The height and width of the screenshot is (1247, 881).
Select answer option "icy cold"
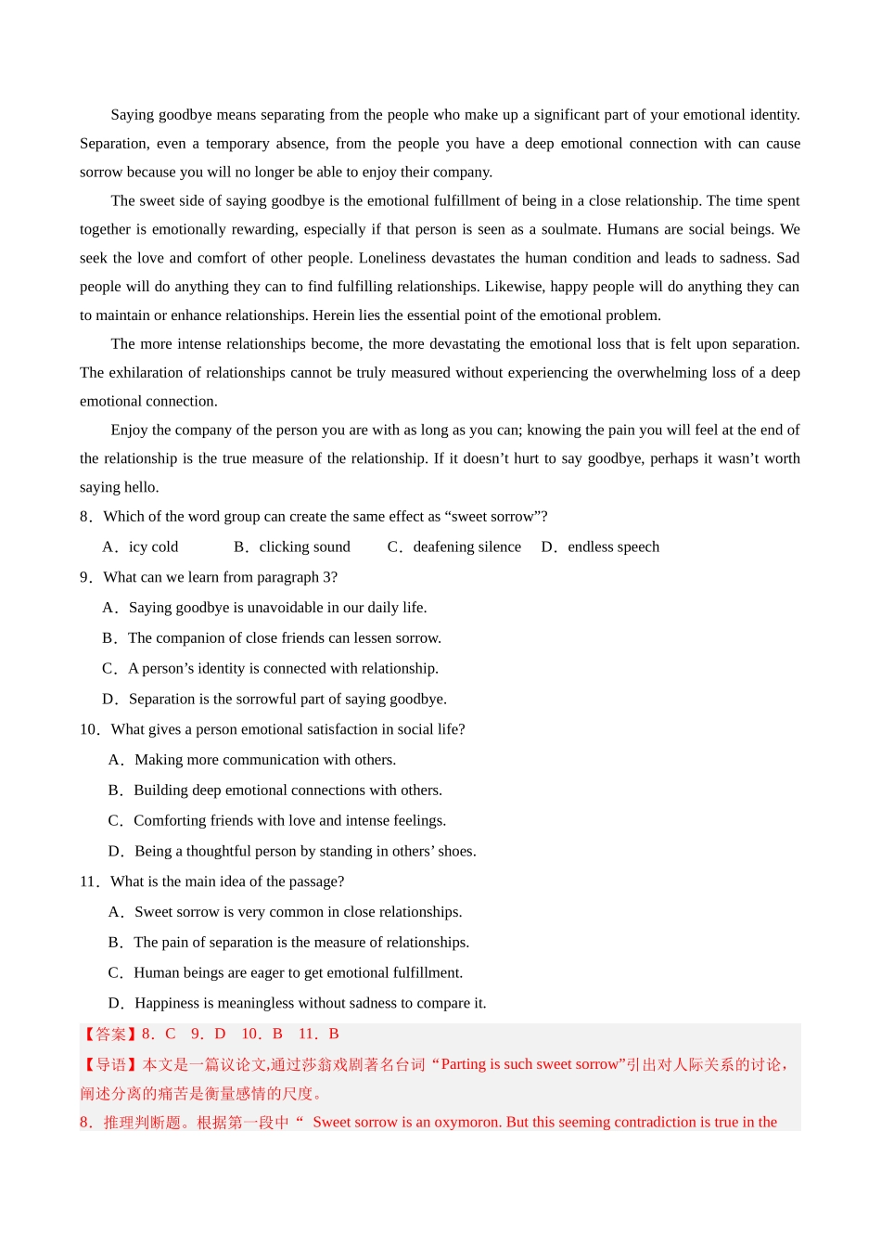point(153,547)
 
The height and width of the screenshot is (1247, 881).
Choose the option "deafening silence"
point(466,547)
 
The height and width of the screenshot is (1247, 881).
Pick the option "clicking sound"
point(304,547)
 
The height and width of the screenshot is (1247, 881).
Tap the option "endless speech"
point(613,547)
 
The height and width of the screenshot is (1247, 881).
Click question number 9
point(85,577)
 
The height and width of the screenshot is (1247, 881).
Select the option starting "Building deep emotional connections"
point(287,791)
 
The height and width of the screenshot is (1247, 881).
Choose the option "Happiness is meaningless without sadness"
point(310,1003)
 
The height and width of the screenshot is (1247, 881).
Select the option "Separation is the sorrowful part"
point(287,700)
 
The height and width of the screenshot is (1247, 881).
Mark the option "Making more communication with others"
point(265,760)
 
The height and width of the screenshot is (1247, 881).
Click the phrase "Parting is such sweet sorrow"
point(530,1065)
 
